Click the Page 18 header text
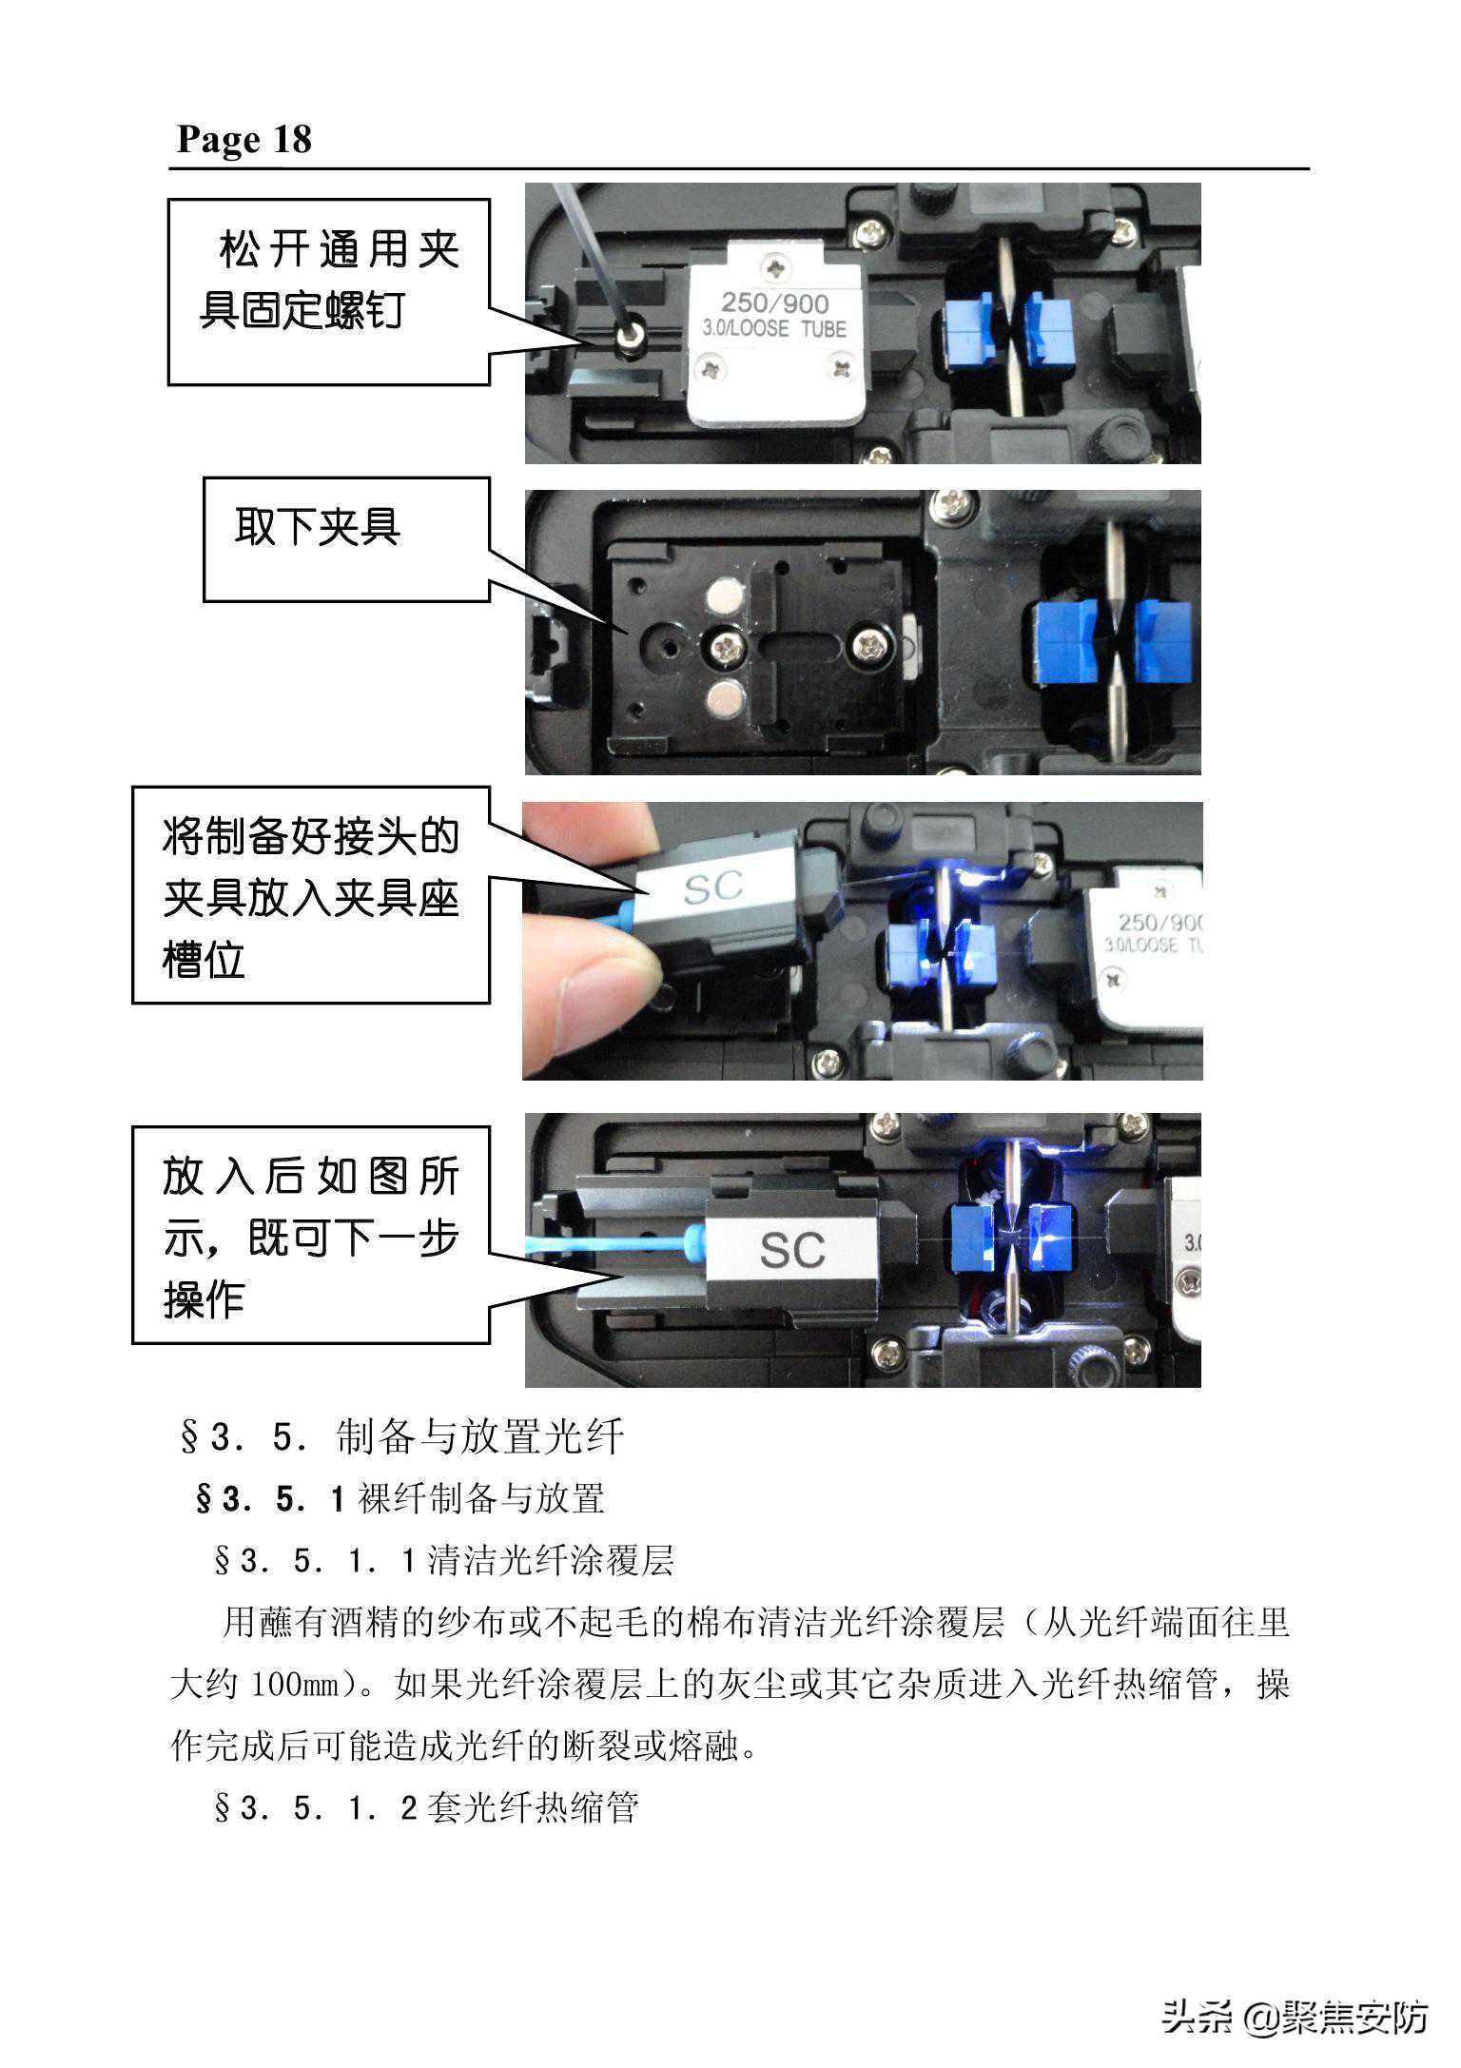244,139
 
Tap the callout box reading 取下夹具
346,539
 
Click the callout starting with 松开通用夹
329,292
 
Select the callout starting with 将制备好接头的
311,895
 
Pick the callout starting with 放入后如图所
311,1235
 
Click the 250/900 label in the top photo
774,303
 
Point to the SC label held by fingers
712,888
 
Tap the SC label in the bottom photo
791,1250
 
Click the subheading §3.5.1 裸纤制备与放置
399,1499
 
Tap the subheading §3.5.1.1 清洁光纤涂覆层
444,1561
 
